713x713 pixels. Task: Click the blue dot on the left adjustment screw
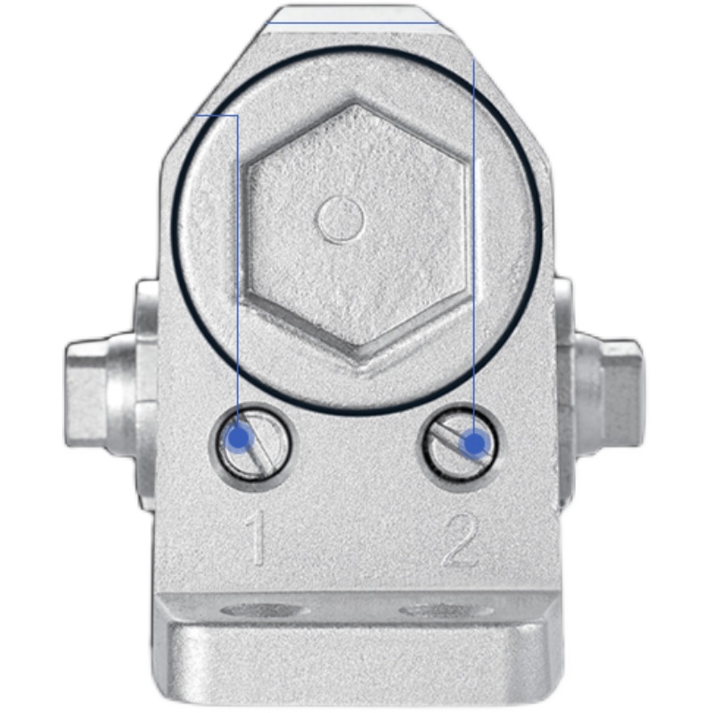click(240, 438)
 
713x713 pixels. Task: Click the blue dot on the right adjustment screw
click(474, 442)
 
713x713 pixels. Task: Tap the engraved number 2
click(461, 540)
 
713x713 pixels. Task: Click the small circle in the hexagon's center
click(340, 219)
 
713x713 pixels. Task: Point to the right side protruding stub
click(598, 390)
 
